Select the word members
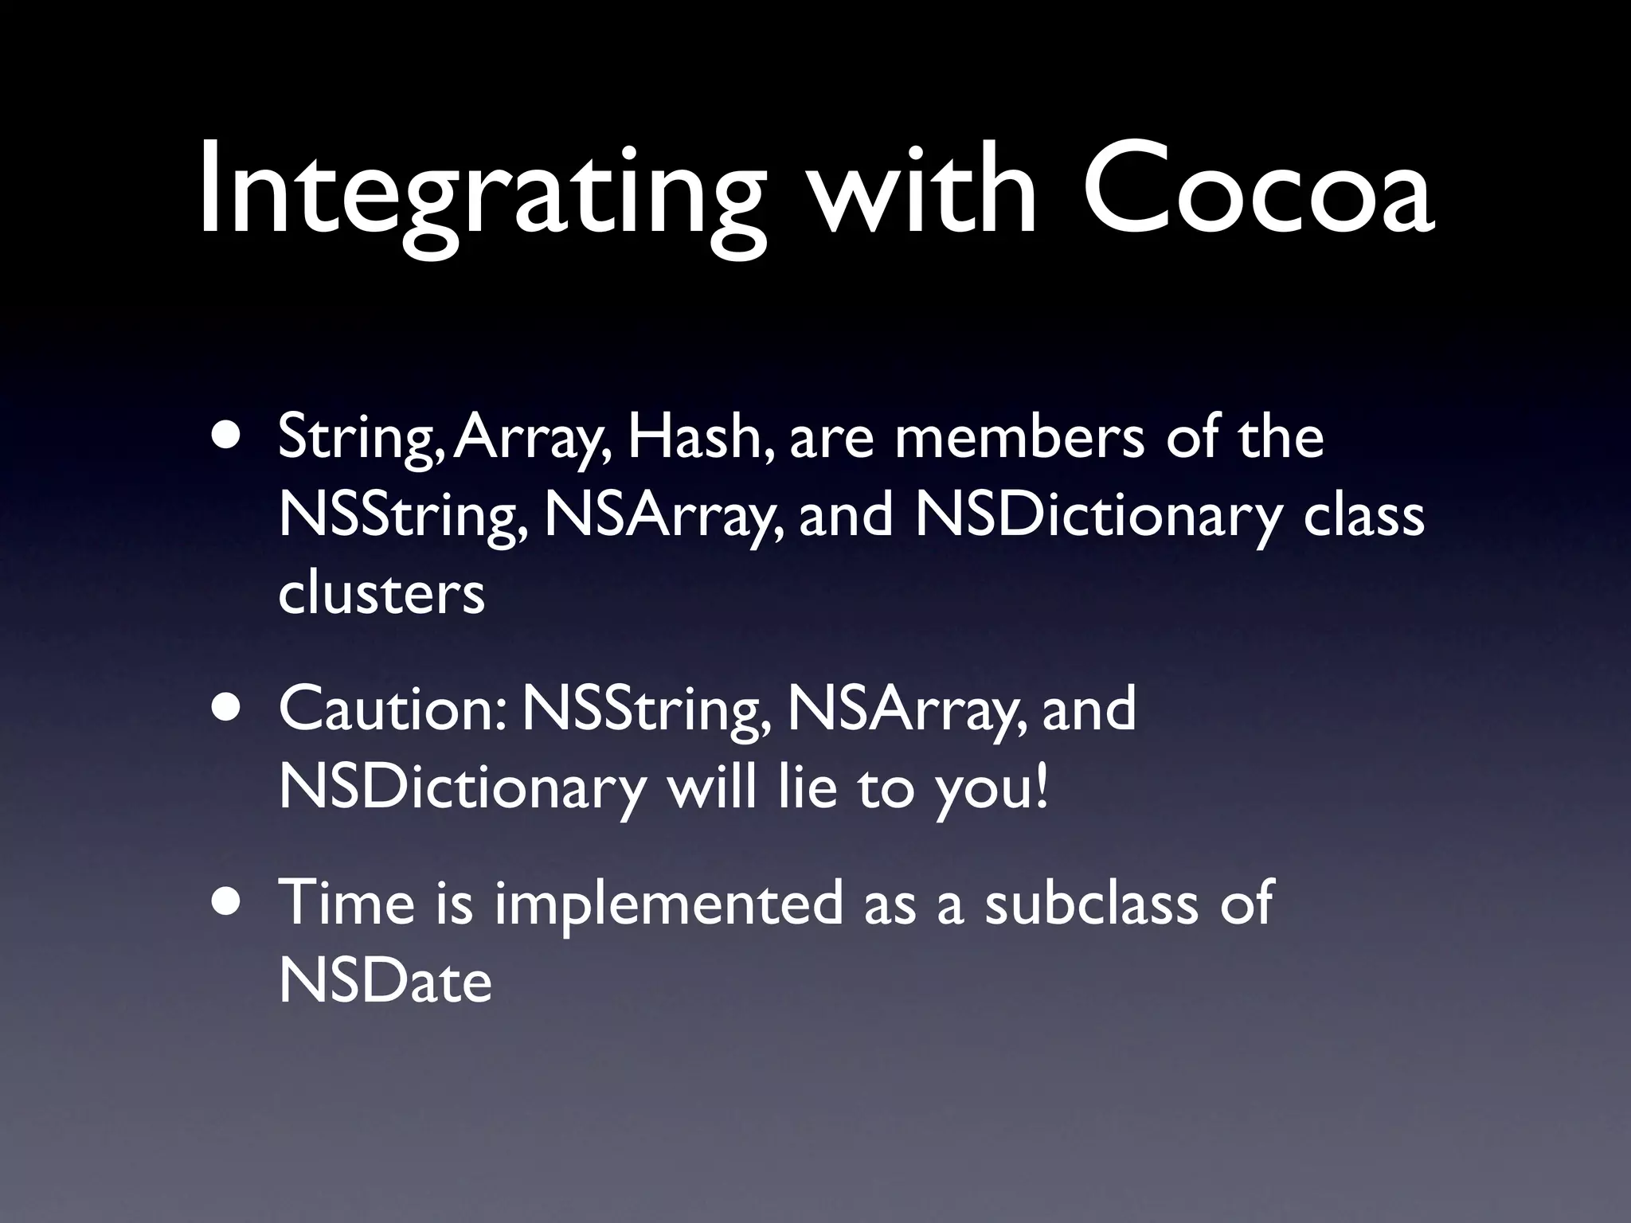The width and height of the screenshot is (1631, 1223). pyautogui.click(x=1019, y=438)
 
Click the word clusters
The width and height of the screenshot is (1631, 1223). pyautogui.click(x=381, y=593)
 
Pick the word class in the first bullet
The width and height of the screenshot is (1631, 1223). pyautogui.click(x=1363, y=516)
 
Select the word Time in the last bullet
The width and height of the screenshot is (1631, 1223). pyautogui.click(x=347, y=903)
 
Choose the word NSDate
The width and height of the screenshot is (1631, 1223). pyautogui.click(x=385, y=980)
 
